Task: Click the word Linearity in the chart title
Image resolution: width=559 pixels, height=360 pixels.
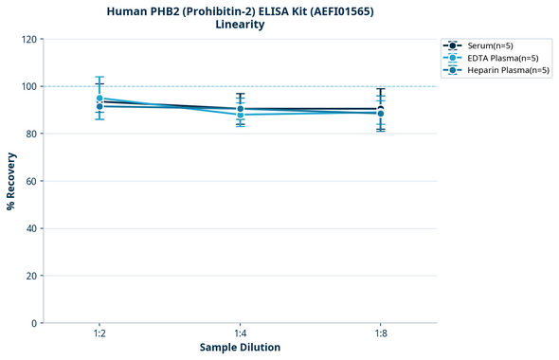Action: coord(240,25)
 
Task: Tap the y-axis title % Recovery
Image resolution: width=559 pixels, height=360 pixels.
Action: coord(11,181)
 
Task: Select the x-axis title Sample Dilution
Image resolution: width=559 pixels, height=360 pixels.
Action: coord(240,348)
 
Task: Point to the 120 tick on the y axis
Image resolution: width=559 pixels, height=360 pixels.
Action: coord(28,39)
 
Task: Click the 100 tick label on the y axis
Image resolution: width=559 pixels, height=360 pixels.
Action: coord(28,86)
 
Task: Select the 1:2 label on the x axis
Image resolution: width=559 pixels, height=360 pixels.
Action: coord(99,333)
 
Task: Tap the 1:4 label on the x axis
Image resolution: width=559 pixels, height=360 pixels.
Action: coord(240,333)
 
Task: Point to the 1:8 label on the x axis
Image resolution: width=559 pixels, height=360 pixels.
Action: coord(380,333)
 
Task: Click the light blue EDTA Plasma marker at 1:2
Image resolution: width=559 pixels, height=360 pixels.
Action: coord(99,99)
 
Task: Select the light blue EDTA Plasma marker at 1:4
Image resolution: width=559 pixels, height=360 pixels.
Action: coord(240,116)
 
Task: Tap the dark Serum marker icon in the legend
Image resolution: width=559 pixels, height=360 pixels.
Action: coord(454,45)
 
